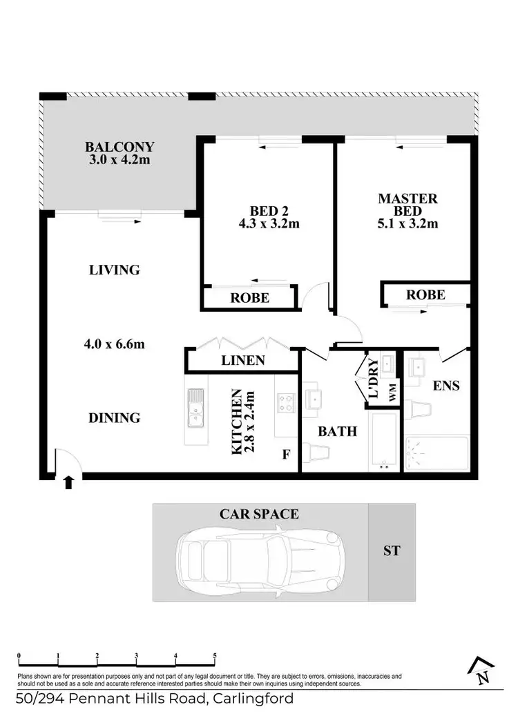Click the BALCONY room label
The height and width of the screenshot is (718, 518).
[119, 147]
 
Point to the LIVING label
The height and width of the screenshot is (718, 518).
[115, 270]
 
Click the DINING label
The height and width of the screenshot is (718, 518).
[115, 417]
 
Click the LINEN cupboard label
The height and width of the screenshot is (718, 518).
[242, 360]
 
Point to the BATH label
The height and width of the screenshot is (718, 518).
[337, 431]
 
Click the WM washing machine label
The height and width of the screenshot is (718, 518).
[392, 395]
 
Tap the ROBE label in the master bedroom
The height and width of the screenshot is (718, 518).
[425, 295]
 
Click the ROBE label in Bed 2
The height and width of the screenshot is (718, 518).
[249, 298]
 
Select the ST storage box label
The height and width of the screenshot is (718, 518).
[391, 551]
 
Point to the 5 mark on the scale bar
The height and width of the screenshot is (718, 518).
[215, 656]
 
